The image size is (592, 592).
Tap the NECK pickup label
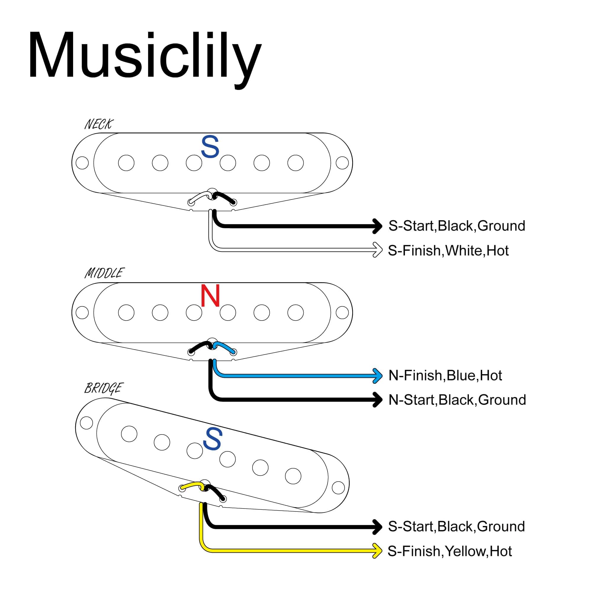99,124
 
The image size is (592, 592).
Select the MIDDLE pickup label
104,273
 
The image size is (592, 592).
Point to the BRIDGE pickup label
104,388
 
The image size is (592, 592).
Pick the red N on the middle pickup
210,295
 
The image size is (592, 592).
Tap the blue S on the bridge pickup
212,439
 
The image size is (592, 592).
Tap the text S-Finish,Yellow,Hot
450,551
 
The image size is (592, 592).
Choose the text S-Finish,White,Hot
448,251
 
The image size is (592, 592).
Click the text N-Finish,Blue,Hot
445,375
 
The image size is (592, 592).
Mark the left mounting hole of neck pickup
82,163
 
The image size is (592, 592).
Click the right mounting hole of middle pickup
342,313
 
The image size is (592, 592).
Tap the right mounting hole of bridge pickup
338,488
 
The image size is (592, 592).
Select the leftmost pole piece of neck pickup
126,163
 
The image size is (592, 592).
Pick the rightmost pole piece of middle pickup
296,313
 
